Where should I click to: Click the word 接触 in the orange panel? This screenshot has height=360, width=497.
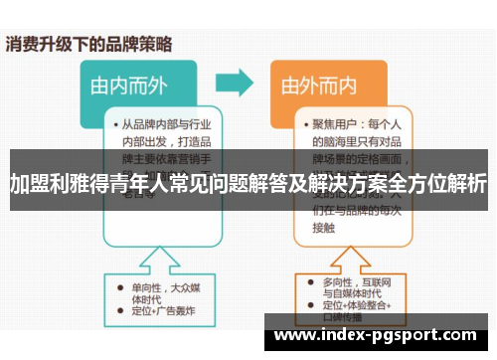tap(324, 226)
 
